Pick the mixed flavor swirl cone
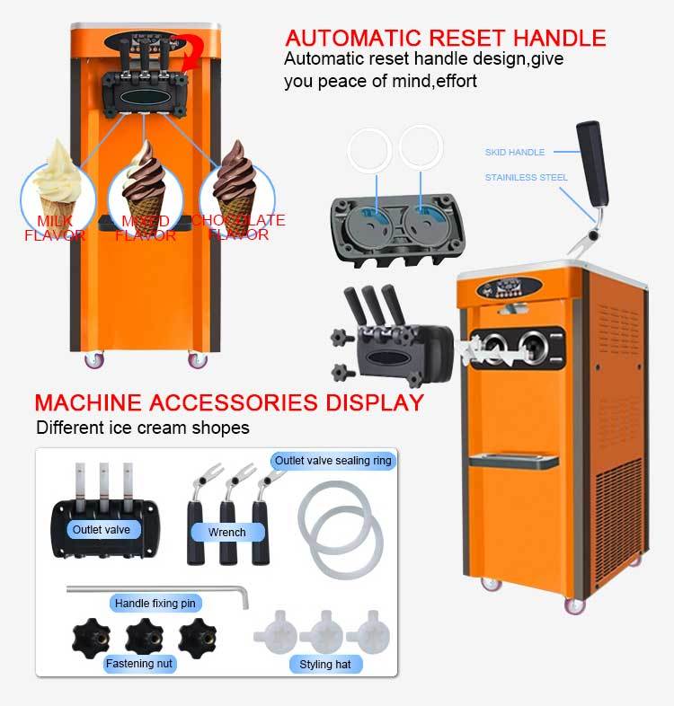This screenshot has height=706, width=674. pyautogui.click(x=145, y=183)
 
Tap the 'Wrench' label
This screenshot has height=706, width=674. pyautogui.click(x=226, y=533)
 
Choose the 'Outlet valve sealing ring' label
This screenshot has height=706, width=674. pyautogui.click(x=333, y=461)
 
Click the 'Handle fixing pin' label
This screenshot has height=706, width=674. pyautogui.click(x=155, y=604)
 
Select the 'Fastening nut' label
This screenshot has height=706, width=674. pyautogui.click(x=140, y=664)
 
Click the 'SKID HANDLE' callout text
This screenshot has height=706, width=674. pyautogui.click(x=515, y=153)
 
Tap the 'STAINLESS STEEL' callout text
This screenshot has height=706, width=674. pyautogui.click(x=527, y=177)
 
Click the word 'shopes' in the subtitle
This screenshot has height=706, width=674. pyautogui.click(x=221, y=428)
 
